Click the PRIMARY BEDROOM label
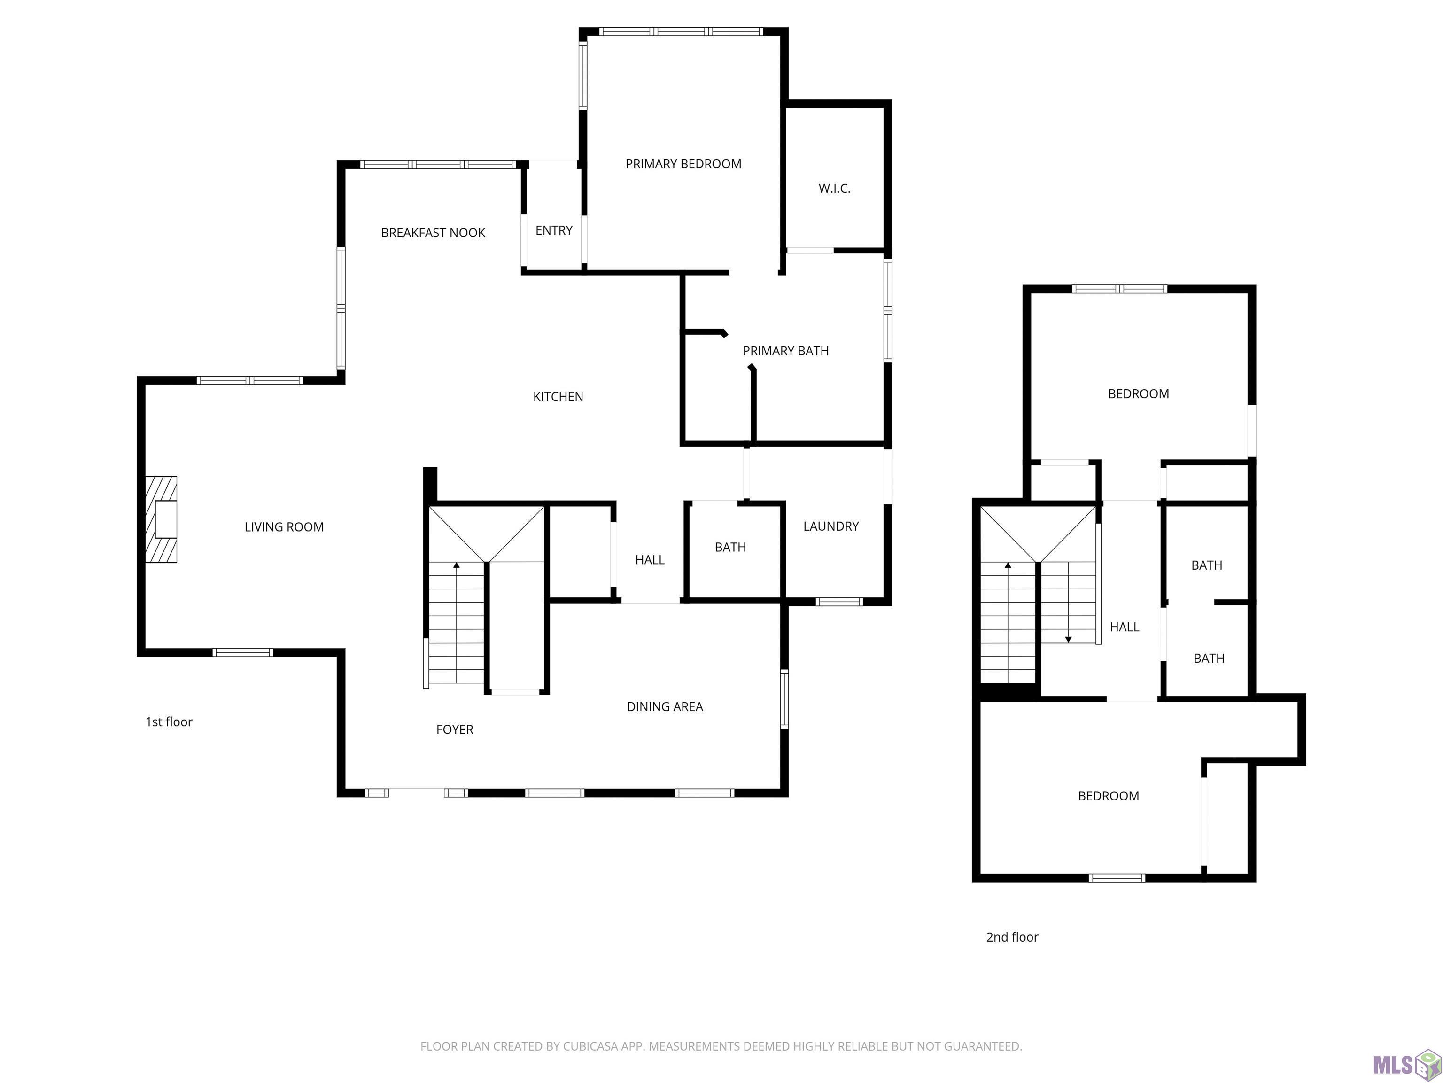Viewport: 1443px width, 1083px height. [x=683, y=164]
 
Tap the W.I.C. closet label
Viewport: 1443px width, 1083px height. [x=834, y=188]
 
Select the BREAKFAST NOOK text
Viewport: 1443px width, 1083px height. [x=433, y=233]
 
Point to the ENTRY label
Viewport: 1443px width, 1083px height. [x=554, y=230]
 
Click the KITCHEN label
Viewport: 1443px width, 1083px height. [x=558, y=397]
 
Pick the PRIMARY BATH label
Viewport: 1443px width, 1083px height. [x=785, y=351]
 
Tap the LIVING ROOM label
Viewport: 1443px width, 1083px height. [x=284, y=527]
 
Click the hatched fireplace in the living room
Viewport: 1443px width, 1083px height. [x=161, y=519]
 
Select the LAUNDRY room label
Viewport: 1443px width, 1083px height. [x=831, y=526]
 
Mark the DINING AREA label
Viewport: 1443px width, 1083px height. [x=665, y=707]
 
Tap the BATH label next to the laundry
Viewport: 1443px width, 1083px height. [x=730, y=548]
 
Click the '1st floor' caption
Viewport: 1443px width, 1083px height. [x=169, y=722]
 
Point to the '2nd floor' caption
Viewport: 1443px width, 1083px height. [x=1012, y=937]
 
